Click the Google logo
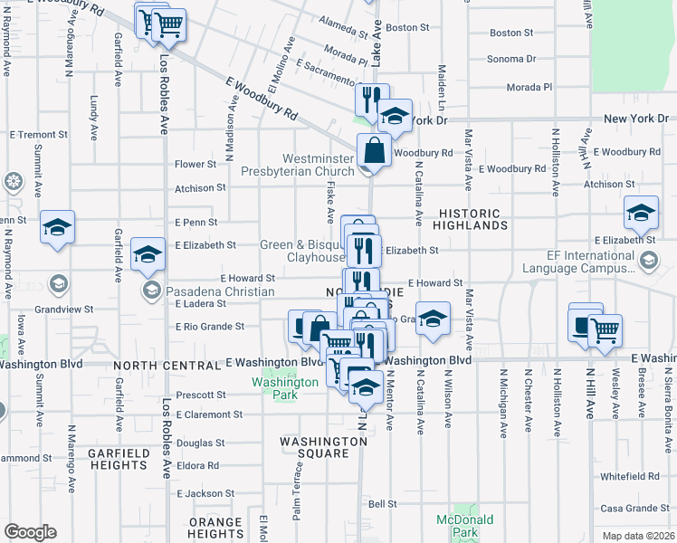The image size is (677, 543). pyautogui.click(x=30, y=532)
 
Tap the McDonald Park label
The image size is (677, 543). pyautogui.click(x=465, y=526)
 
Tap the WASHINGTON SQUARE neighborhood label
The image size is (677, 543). pyautogui.click(x=323, y=442)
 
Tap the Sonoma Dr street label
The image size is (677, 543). pyautogui.click(x=511, y=59)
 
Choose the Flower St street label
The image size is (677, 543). pyautogui.click(x=195, y=165)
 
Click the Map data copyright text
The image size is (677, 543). pyautogui.click(x=637, y=536)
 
